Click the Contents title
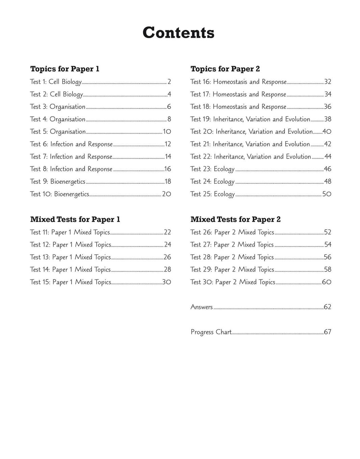[178, 33]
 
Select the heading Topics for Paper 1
[65, 69]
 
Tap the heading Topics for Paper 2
[225, 69]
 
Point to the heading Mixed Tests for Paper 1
[75, 219]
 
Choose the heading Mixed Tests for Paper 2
[235, 219]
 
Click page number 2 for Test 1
[169, 82]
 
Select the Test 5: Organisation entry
[58, 132]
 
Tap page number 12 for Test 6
[168, 144]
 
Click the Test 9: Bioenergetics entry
[58, 182]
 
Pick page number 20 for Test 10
[166, 194]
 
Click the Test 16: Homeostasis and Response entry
[238, 82]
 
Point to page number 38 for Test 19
[328, 119]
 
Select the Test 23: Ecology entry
[212, 169]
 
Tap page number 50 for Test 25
[327, 194]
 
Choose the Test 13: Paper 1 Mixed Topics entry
[70, 257]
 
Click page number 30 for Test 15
[166, 282]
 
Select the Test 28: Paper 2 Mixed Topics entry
[232, 257]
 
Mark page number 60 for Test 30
[327, 282]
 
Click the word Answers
[202, 307]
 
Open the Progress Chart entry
[211, 332]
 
